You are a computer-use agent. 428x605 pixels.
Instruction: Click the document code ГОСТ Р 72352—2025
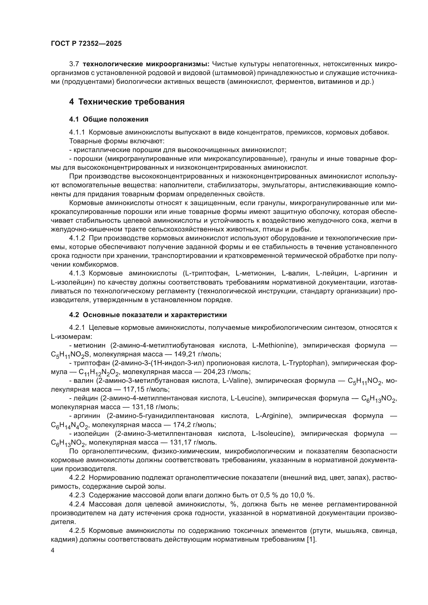(86, 43)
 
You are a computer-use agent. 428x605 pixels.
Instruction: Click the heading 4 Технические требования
(127, 101)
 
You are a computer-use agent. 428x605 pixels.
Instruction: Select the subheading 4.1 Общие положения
(109, 119)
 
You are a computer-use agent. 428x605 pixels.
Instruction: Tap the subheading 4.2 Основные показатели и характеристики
(148, 315)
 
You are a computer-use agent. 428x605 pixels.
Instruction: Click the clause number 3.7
(74, 64)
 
